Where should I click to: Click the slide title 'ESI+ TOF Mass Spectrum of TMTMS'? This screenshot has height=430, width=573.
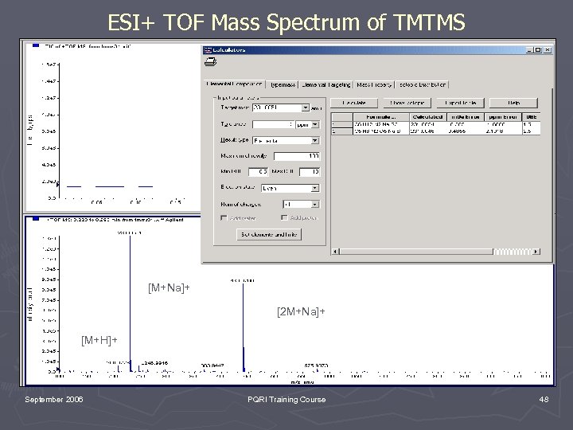pos(286,24)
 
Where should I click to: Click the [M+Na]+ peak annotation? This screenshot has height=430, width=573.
pos(169,287)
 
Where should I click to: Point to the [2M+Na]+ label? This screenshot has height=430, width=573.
pos(300,311)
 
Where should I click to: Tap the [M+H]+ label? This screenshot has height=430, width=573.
pos(99,341)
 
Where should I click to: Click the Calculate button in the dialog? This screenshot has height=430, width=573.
pos(354,103)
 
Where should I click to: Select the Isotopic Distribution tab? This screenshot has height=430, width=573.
pos(423,84)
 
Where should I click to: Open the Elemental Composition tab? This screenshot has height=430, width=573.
pos(235,84)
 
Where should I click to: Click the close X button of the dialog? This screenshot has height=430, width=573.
pos(547,50)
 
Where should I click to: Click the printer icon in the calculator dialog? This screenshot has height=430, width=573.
pos(211,62)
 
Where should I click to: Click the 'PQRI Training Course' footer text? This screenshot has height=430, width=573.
pos(286,399)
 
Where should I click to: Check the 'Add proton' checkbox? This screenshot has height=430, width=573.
pos(284,217)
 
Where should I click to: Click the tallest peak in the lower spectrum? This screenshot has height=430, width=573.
pos(130,303)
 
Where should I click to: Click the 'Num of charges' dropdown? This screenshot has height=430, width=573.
pos(291,203)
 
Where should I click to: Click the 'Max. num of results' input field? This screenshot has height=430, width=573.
pos(291,155)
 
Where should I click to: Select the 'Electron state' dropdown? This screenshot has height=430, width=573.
pos(291,188)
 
